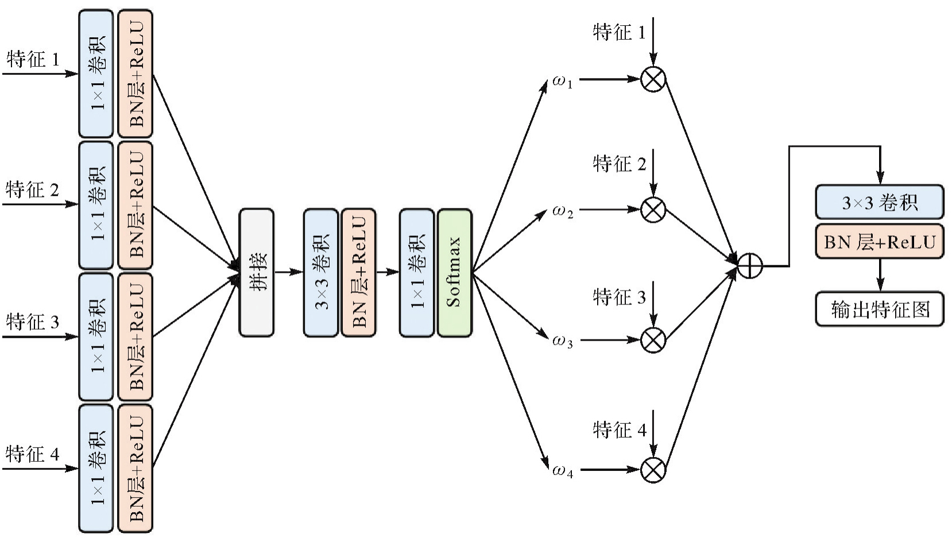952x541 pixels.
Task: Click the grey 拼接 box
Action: (256, 272)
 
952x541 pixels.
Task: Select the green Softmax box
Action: (454, 272)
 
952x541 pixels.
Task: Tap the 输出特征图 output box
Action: (879, 309)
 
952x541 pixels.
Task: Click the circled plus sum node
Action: (749, 266)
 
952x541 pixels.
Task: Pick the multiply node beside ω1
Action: (653, 79)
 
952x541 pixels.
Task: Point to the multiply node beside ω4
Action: (653, 470)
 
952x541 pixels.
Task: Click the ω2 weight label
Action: (562, 211)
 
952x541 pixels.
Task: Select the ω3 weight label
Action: (562, 341)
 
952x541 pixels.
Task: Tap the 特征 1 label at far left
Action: (33, 59)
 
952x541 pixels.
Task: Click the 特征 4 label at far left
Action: (33, 454)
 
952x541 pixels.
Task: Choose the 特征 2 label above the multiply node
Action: (619, 164)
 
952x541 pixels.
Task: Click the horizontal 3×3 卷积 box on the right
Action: (879, 202)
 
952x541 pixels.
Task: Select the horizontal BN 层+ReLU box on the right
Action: (879, 242)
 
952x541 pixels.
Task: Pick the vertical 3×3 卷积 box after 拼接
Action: (321, 272)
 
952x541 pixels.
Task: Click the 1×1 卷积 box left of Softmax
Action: (417, 272)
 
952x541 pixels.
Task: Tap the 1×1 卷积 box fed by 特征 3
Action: (96, 337)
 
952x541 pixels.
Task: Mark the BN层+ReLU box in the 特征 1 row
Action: (136, 74)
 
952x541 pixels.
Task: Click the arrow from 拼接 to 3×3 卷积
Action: (289, 272)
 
